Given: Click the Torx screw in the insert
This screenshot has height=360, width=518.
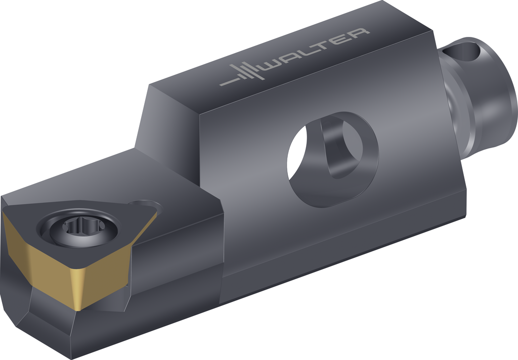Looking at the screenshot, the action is (78, 228).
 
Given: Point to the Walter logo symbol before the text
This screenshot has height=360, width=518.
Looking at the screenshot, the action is (242, 73).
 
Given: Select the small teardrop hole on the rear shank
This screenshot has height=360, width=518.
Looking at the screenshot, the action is (461, 51).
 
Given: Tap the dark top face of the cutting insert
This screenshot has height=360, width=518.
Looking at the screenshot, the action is (79, 233).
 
